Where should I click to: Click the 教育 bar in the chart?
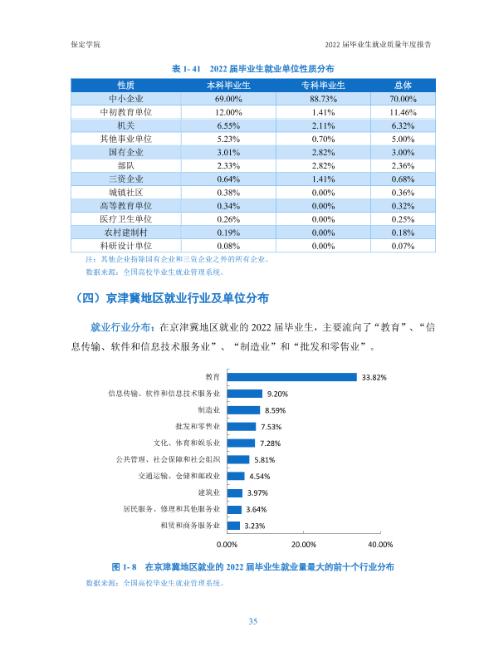[291, 377]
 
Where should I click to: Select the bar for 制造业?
[243, 410]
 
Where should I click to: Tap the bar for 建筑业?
[235, 492]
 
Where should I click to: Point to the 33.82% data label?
[374, 377]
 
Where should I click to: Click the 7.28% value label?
[271, 443]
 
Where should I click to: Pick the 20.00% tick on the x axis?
[304, 544]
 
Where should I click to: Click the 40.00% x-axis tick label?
[380, 544]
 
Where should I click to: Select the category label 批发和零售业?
[198, 426]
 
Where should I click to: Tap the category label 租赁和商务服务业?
[190, 525]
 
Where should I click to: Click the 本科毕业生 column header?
[228, 86]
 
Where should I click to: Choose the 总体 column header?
[403, 86]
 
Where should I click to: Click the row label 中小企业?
[125, 99]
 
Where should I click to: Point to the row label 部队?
[125, 165]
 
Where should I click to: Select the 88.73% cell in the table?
[323, 99]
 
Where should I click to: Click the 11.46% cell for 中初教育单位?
[403, 112]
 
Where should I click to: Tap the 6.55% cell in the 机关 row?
[228, 126]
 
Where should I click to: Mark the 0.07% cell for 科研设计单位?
[403, 246]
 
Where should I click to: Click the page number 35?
[252, 621]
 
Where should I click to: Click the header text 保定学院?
[86, 45]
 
